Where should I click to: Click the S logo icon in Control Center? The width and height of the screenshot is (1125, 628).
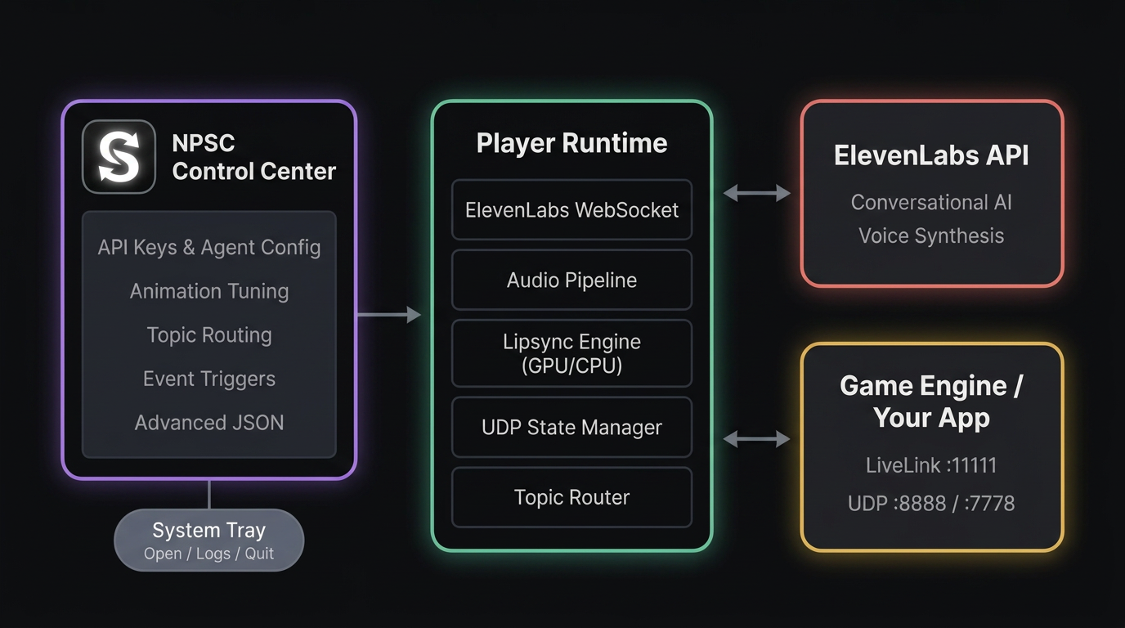click(119, 157)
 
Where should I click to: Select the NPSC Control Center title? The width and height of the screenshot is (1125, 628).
click(253, 157)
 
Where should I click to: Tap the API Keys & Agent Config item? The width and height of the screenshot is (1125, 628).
click(209, 248)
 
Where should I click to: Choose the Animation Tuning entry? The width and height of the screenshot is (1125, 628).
click(209, 291)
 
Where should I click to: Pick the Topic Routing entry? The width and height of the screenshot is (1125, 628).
click(209, 335)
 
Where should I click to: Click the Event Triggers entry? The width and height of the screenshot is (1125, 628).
click(209, 379)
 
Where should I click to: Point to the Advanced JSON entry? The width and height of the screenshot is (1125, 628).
click(209, 423)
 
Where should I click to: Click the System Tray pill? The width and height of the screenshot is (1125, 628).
click(209, 540)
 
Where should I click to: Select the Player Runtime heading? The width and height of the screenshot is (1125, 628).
click(571, 143)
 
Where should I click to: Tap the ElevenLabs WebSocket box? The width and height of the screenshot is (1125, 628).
click(571, 210)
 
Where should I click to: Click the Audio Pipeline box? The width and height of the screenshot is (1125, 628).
click(571, 280)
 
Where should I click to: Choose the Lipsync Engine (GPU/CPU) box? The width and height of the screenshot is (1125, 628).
click(571, 353)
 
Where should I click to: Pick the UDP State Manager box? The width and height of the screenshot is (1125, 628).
click(571, 428)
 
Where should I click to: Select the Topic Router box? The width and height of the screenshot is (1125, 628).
click(571, 497)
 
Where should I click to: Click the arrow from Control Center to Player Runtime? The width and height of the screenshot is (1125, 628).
click(389, 315)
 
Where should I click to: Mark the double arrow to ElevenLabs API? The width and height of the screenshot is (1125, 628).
click(757, 193)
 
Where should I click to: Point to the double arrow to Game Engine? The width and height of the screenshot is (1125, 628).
click(757, 440)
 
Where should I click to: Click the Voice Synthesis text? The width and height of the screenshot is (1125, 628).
click(931, 236)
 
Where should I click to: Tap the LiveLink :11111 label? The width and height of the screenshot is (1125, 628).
click(931, 466)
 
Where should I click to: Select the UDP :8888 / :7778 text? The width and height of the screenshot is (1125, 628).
click(931, 503)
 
